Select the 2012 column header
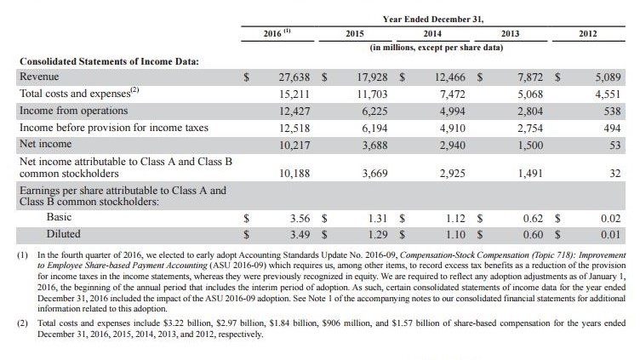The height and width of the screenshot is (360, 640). click(x=588, y=33)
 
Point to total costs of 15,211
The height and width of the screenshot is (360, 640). click(x=296, y=94)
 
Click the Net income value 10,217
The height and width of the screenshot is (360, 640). click(x=296, y=144)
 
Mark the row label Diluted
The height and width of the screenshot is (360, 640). click(x=64, y=232)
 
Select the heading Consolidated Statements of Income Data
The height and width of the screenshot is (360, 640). click(x=108, y=61)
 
